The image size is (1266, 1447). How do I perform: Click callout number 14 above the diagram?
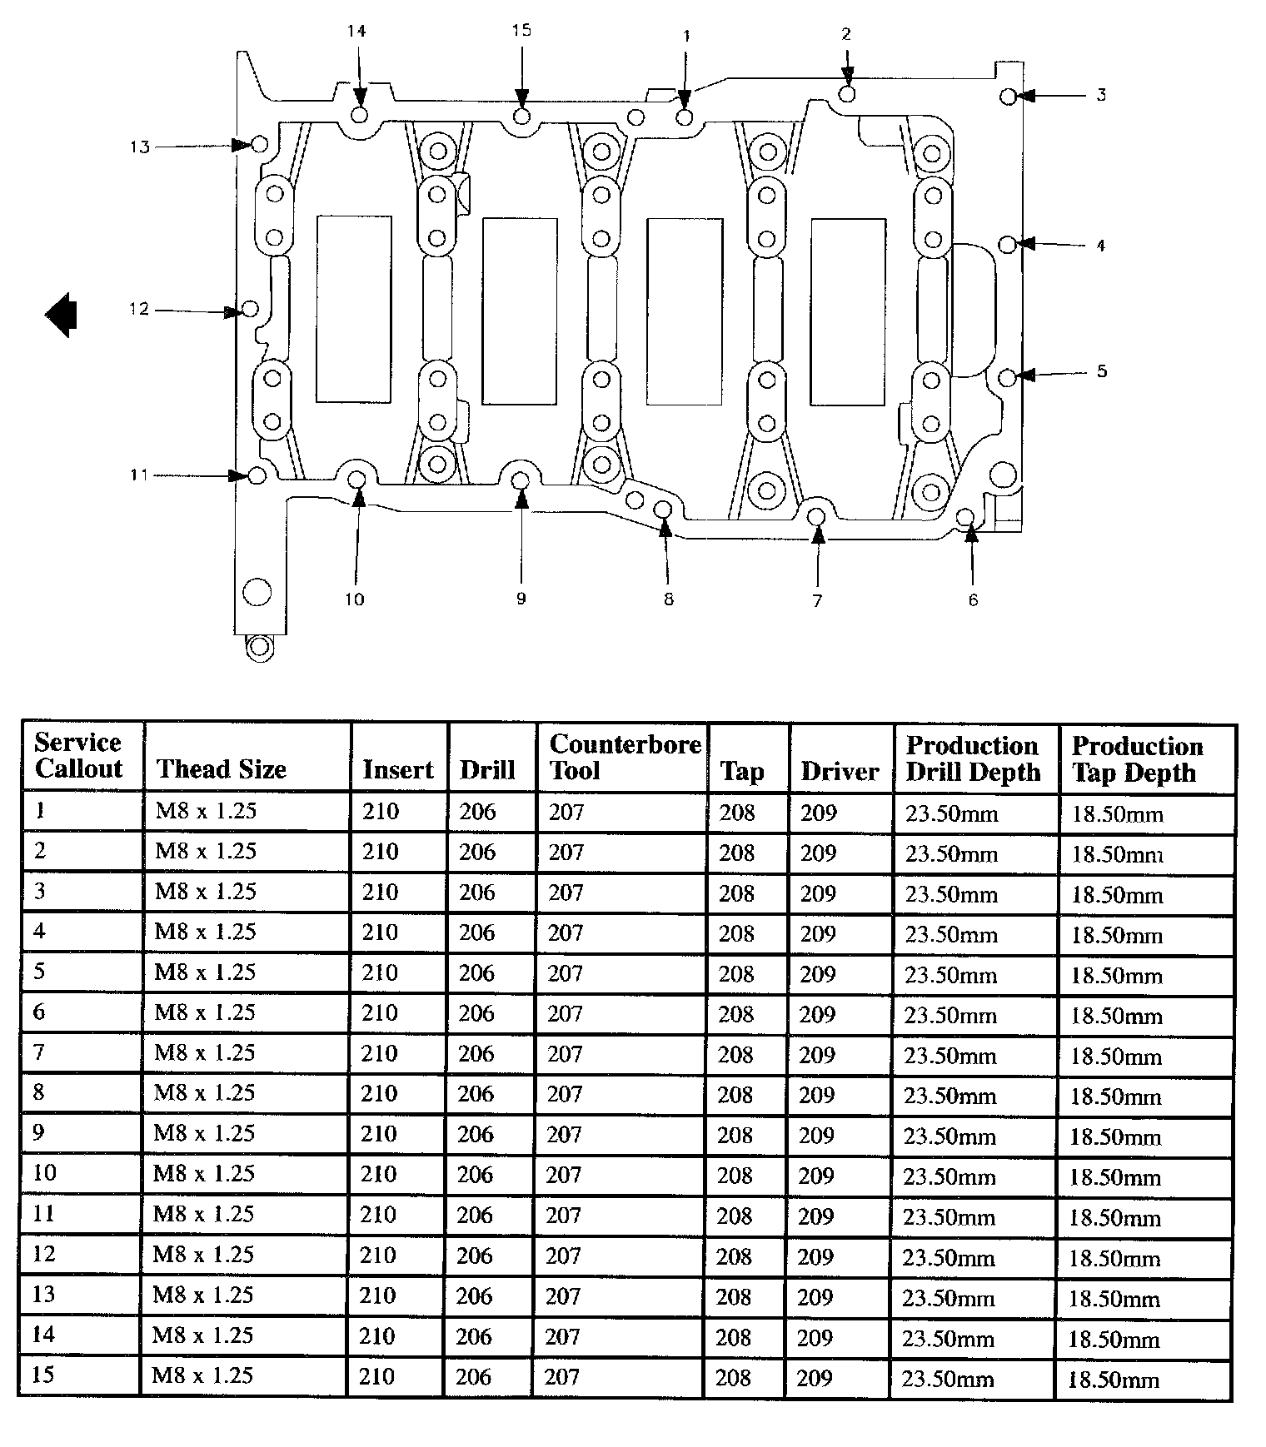pos(356,32)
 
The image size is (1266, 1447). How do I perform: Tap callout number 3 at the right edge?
pos(1101,95)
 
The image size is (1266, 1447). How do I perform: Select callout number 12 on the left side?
pos(138,310)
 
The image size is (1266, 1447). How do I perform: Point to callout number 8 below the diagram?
pos(669,599)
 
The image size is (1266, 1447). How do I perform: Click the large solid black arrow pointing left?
pos(61,316)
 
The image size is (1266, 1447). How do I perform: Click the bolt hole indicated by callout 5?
pos(1007,377)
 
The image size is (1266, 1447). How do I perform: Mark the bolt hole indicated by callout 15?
pos(521,116)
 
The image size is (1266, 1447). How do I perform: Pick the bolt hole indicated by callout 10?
pos(357,480)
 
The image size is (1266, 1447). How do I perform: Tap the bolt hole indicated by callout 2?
pos(847,93)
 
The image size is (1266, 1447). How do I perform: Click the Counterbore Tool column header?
pos(626,757)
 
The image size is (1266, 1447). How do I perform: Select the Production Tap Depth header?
pos(1137,758)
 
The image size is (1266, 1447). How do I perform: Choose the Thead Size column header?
pos(222,769)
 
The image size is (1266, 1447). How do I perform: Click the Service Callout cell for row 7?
pos(39,1052)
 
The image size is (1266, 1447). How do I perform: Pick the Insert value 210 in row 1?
pos(381,811)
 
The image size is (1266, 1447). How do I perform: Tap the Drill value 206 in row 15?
pos(474,1376)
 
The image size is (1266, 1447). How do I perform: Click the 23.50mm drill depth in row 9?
pos(950,1136)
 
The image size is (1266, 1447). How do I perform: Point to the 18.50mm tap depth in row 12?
pos(1115,1258)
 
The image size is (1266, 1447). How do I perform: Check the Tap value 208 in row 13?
pos(735,1296)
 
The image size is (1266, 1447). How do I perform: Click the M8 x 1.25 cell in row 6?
pos(205,1012)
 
